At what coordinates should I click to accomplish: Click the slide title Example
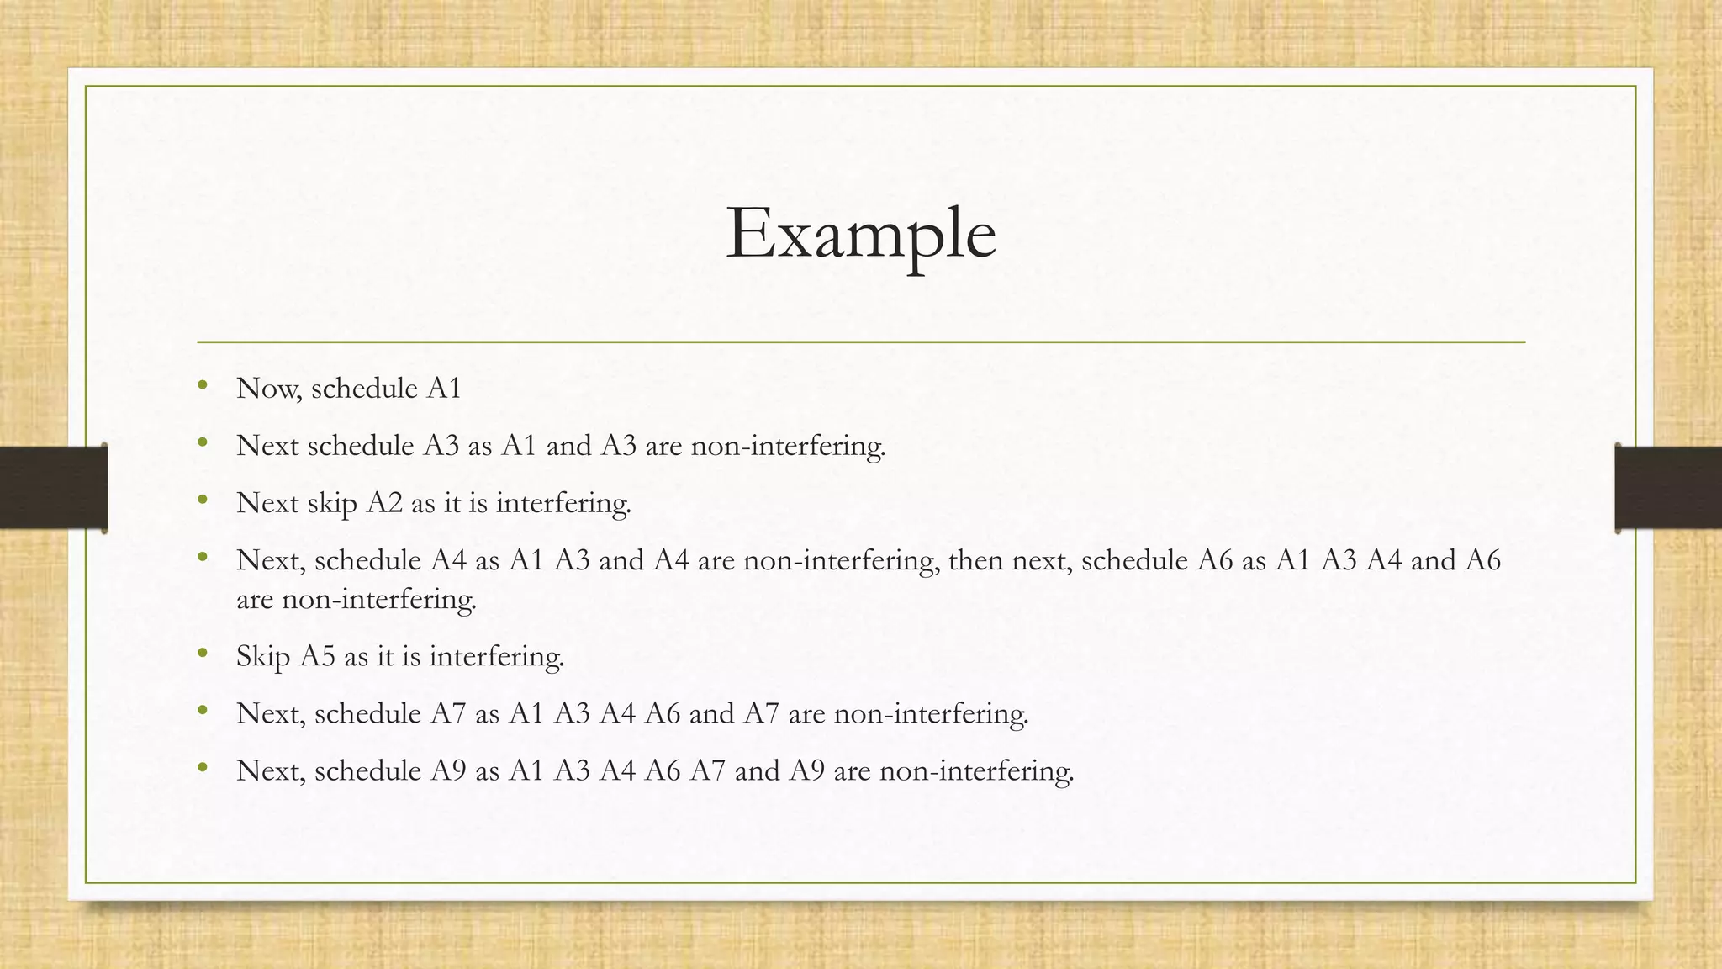[860, 234]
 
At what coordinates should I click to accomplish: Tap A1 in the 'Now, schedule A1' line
[444, 389]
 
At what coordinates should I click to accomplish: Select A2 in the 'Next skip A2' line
[384, 503]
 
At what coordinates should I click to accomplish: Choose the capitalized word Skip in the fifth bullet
[263, 656]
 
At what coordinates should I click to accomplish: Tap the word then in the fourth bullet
[976, 560]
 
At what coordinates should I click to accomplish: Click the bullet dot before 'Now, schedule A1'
[202, 386]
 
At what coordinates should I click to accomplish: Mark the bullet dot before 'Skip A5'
[202, 654]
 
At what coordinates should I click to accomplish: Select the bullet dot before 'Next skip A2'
[202, 500]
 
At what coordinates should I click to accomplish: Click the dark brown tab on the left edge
[52, 488]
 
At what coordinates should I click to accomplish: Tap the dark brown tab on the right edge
[1669, 488]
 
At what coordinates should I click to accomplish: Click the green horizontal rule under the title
[860, 342]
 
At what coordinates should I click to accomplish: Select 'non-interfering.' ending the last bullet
[976, 770]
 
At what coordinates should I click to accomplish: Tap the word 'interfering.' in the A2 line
[563, 503]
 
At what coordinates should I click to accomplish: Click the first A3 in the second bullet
[441, 446]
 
